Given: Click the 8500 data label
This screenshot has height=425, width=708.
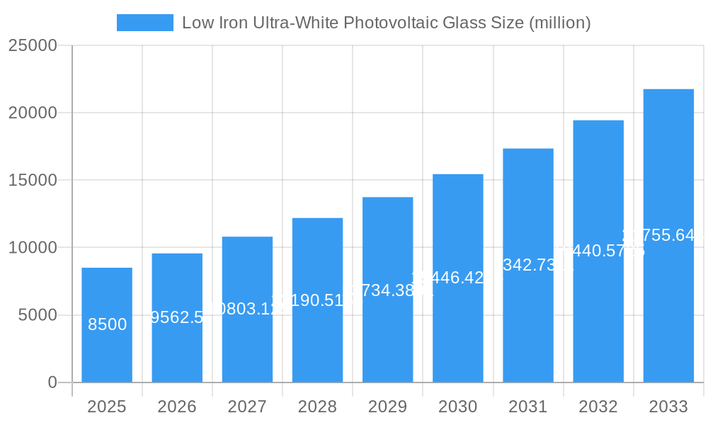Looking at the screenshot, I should tap(108, 324).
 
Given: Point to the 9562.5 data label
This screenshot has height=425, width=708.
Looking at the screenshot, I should tap(178, 317).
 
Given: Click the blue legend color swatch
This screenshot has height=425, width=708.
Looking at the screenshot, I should tap(144, 23).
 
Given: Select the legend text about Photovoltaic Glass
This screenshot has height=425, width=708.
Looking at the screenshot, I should tap(386, 23).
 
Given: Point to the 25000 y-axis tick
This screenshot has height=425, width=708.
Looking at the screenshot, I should tap(32, 45).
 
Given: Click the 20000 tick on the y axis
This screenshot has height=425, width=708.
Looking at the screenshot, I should tap(32, 113).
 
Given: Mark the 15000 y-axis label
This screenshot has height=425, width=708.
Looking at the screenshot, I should tap(32, 180).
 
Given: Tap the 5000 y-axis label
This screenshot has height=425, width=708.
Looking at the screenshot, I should tap(38, 315).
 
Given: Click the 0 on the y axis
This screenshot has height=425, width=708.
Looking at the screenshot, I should tap(52, 382).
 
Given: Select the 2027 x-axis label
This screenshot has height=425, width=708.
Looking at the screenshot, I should tap(247, 407).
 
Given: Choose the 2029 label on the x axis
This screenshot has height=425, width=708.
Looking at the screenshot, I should tap(387, 407).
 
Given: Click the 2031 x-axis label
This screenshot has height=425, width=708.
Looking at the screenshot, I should tap(528, 407).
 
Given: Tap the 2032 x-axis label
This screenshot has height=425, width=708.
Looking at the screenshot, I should tap(598, 407).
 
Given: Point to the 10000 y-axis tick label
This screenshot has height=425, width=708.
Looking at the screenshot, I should tap(32, 248).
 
